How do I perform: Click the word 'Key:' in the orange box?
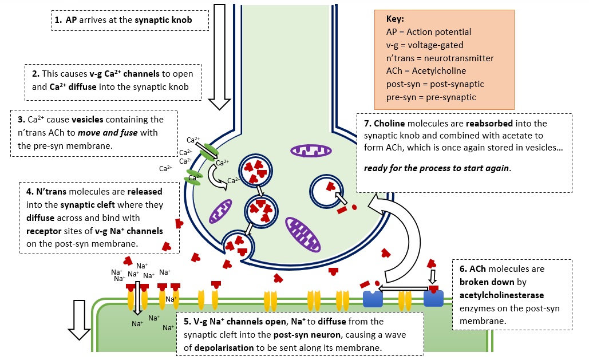pos(396,19)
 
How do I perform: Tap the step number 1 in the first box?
pos(58,19)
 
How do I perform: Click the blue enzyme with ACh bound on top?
pos(433,297)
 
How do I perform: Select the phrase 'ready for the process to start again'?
pos(436,168)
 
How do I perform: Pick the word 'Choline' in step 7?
pos(390,123)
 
